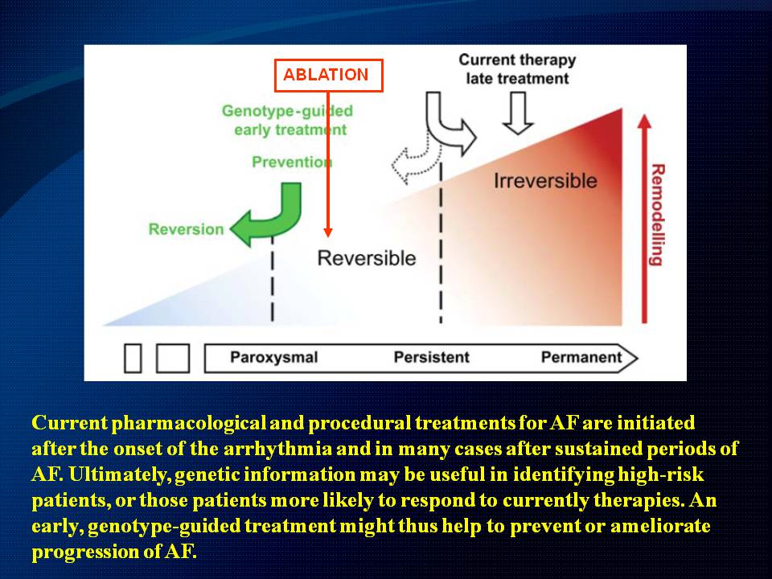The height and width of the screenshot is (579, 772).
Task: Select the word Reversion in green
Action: click(186, 229)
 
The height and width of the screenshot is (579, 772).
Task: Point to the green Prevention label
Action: click(292, 162)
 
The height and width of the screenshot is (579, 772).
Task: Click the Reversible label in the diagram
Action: click(367, 258)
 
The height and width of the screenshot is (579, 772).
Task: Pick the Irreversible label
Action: click(545, 181)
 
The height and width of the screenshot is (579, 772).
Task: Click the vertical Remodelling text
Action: click(657, 216)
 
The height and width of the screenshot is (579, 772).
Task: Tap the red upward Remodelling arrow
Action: click(644, 219)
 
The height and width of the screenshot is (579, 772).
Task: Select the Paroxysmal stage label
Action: click(273, 357)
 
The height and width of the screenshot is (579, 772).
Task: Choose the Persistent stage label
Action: click(431, 357)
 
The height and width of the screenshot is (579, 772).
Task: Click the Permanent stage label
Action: click(581, 357)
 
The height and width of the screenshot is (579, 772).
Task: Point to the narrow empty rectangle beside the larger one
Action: click(133, 358)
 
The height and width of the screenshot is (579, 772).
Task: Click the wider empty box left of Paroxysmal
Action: click(173, 358)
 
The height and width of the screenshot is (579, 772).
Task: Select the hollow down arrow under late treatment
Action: click(518, 113)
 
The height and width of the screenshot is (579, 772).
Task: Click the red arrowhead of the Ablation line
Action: click(328, 232)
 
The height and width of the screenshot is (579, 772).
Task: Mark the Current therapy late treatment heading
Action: click(517, 69)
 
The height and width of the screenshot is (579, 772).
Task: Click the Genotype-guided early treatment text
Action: click(288, 120)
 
